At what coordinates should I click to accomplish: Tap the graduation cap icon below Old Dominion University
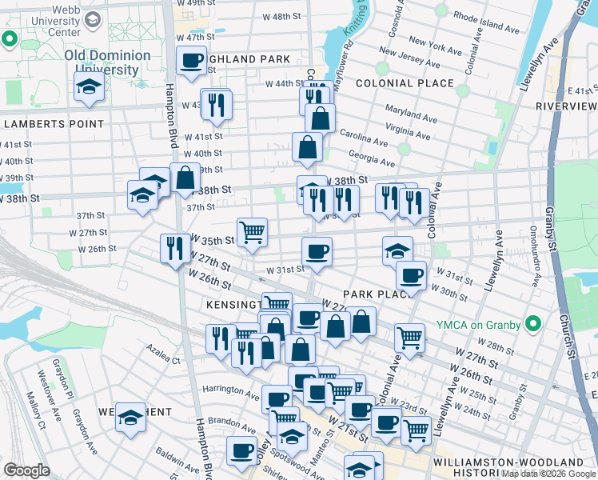click(89, 88)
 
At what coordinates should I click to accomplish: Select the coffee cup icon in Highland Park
click(191, 62)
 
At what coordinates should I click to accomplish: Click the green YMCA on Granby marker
click(535, 324)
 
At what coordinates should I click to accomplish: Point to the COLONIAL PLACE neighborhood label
click(405, 83)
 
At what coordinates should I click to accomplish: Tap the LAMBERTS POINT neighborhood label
click(53, 124)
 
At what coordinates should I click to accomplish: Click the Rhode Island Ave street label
click(486, 20)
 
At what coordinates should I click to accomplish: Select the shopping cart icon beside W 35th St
click(253, 233)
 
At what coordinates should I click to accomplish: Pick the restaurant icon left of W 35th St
click(174, 248)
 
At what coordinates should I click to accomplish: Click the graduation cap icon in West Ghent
click(130, 417)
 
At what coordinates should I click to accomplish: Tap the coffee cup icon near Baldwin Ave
click(241, 450)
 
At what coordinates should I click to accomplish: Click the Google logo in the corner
click(26, 470)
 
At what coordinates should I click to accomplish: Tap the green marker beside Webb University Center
click(10, 38)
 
